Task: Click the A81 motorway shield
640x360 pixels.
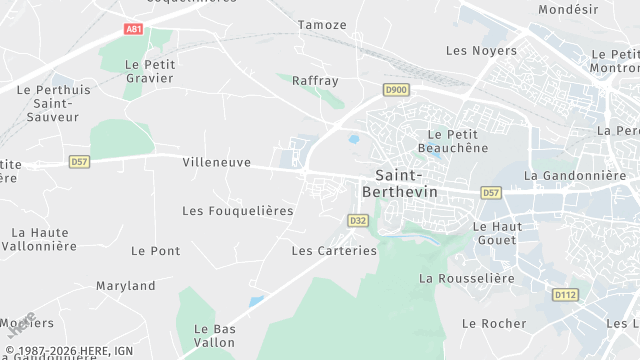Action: tap(134, 29)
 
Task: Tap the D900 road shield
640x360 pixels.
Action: tap(396, 90)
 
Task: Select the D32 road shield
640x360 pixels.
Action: tap(358, 220)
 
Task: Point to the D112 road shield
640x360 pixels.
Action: tap(565, 294)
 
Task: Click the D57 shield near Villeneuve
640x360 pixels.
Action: tap(79, 161)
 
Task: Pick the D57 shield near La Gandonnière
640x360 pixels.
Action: tap(490, 192)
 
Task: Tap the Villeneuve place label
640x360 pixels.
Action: tap(217, 161)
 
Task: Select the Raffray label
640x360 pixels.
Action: tap(315, 81)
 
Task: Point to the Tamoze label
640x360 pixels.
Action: tap(322, 24)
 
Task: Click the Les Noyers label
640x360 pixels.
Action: tap(481, 50)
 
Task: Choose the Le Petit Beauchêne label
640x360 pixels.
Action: tap(458, 141)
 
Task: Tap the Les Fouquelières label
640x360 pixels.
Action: tap(238, 211)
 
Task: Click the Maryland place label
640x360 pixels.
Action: tap(126, 286)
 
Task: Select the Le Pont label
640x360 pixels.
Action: tap(156, 250)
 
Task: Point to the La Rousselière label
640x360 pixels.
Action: tap(466, 278)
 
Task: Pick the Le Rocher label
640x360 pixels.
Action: tap(494, 323)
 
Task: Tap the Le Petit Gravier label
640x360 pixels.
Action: tap(149, 70)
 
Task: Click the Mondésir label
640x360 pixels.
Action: tap(568, 9)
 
